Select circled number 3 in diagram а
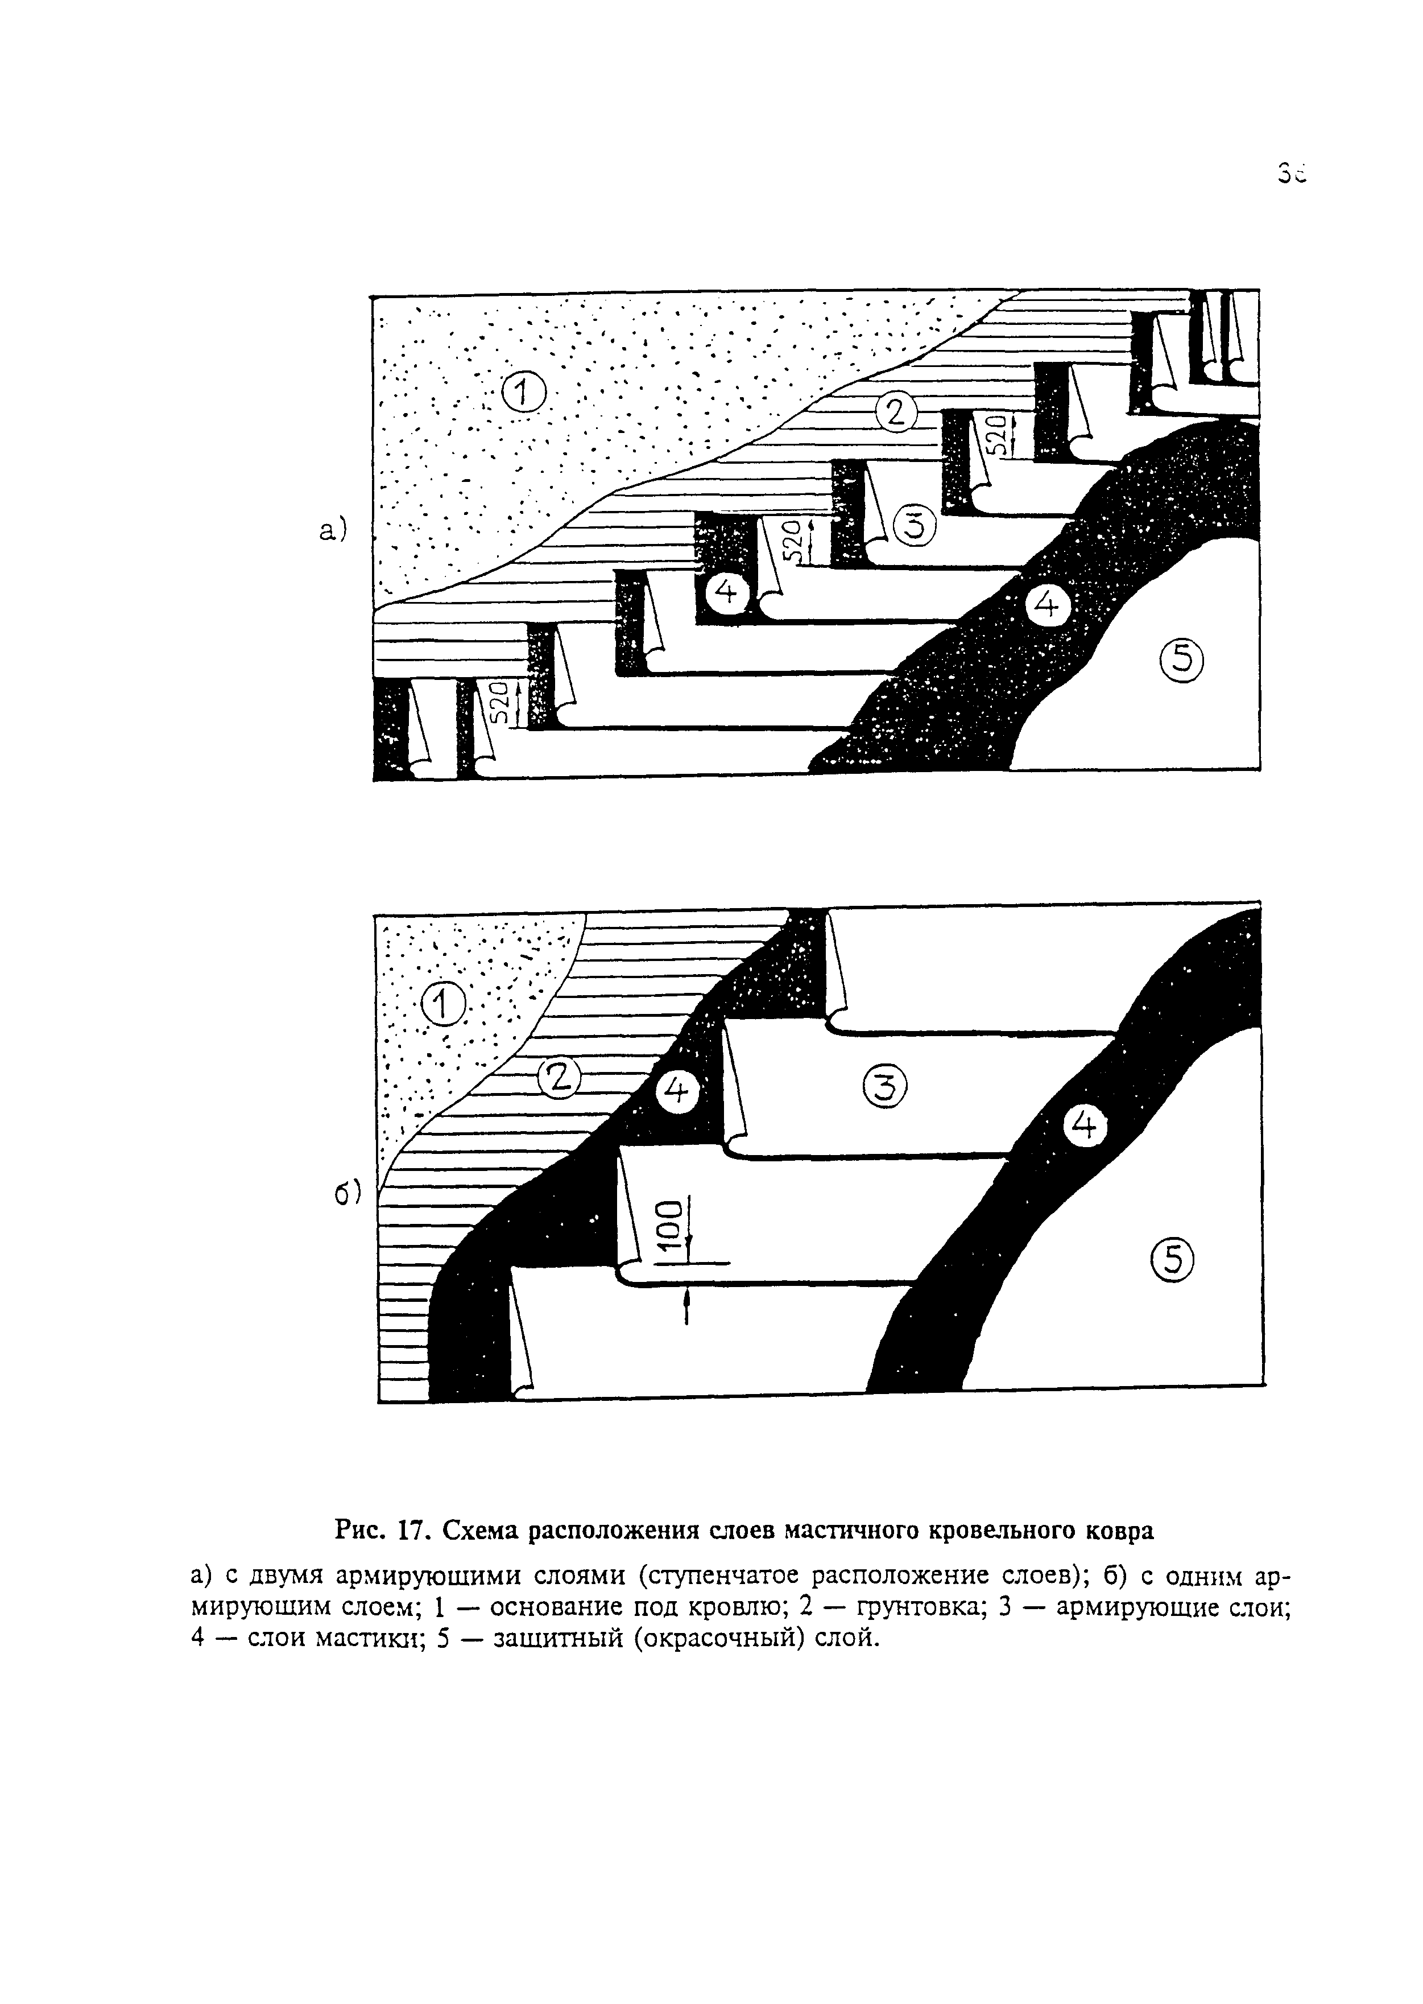pos(914,525)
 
